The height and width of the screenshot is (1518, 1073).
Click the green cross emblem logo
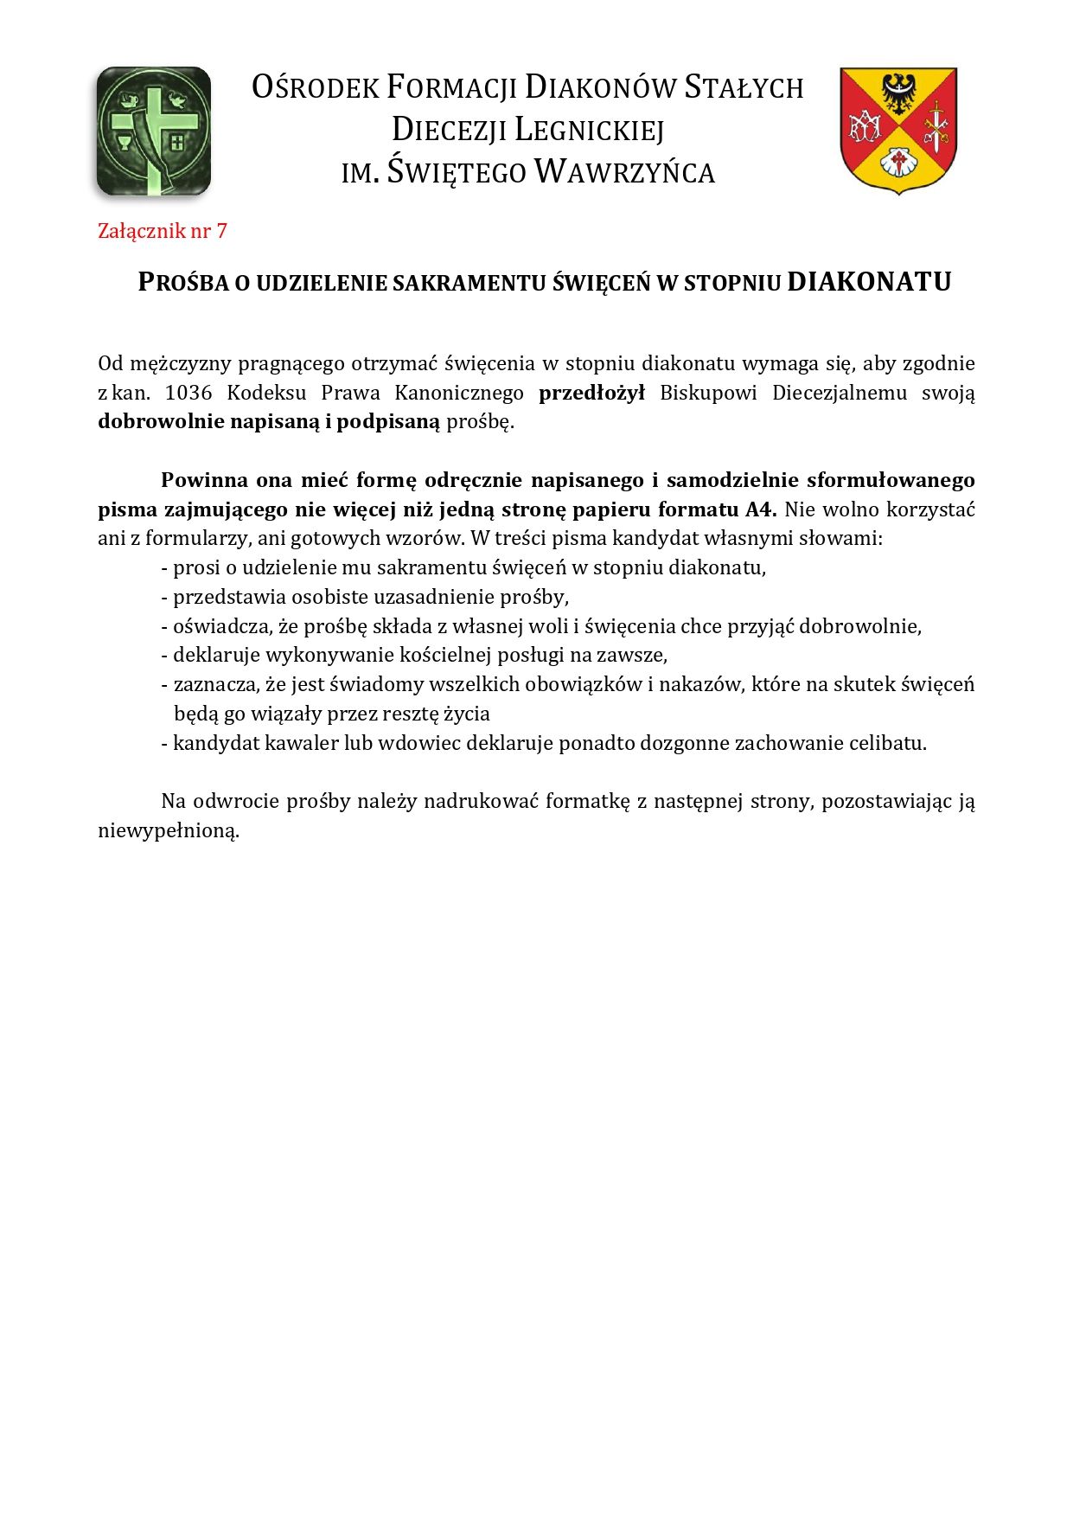[154, 131]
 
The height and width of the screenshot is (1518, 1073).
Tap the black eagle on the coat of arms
[898, 92]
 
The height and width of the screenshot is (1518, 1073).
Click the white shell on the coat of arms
[898, 162]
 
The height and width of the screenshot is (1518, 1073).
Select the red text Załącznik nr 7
[163, 231]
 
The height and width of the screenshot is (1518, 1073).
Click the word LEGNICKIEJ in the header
[590, 130]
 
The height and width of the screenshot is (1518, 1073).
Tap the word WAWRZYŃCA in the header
[624, 171]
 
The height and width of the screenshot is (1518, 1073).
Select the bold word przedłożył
[591, 393]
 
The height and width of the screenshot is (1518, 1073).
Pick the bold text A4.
[760, 509]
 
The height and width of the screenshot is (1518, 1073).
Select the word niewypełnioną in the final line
[168, 831]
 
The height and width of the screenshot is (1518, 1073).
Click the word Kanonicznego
[459, 393]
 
